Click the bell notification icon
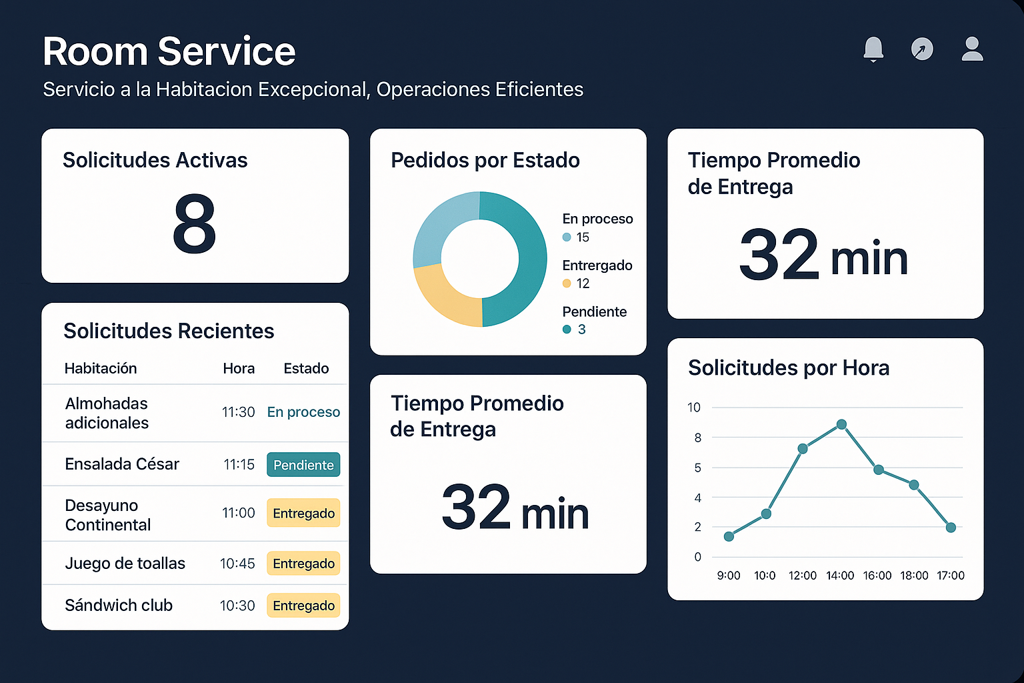873,49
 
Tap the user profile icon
972,49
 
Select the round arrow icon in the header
922,49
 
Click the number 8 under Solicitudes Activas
194,224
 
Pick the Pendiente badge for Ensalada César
303,465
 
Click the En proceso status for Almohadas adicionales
303,412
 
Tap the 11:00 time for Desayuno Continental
239,513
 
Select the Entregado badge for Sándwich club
303,606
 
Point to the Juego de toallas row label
125,564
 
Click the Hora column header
239,368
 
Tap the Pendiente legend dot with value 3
567,329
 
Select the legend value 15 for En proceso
583,237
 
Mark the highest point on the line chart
841,424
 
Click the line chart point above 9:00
729,536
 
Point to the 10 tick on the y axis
694,408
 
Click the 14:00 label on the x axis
840,576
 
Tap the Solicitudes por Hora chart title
789,368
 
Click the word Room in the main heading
95,52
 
